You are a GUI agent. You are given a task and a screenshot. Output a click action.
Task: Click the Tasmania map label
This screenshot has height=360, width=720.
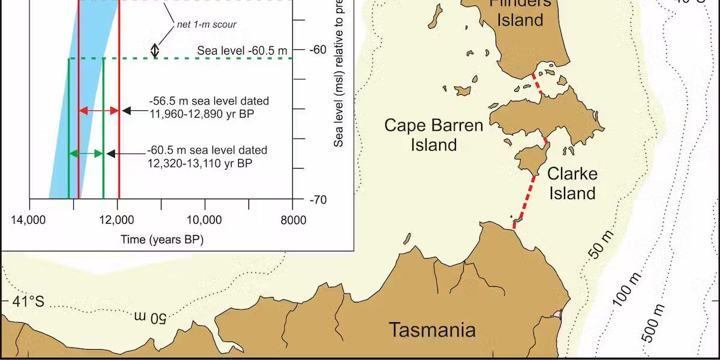pyautogui.click(x=432, y=330)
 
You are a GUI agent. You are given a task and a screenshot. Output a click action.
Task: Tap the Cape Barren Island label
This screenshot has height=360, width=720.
pyautogui.click(x=434, y=135)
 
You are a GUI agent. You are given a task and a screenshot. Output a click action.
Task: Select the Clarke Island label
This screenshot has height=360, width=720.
pyautogui.click(x=572, y=184)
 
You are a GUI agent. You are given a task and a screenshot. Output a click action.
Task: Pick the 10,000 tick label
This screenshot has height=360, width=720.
pyautogui.click(x=205, y=220)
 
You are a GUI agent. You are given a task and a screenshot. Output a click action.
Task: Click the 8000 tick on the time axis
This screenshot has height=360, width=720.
pyautogui.click(x=293, y=220)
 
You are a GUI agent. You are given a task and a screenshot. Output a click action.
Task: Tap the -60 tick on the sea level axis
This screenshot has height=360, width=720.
pyautogui.click(x=319, y=49)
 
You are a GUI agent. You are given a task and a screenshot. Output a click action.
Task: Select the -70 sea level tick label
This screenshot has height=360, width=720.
pyautogui.click(x=319, y=199)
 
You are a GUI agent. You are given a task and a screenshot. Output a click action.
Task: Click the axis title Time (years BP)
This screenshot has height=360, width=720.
pyautogui.click(x=162, y=240)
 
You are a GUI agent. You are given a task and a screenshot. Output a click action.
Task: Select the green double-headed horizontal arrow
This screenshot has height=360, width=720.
pyautogui.click(x=86, y=154)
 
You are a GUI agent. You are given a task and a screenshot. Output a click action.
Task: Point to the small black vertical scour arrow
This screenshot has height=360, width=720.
pyautogui.click(x=155, y=50)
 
